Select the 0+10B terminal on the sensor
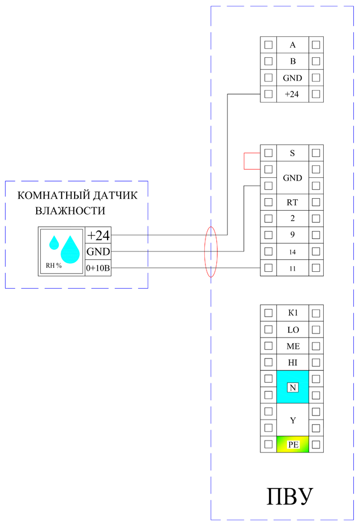(98, 267)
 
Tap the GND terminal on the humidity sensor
(98, 252)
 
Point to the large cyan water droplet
(71, 250)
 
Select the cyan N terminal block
(293, 387)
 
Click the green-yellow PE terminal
(293, 444)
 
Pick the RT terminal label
(293, 202)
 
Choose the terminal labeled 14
(293, 251)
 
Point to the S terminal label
(293, 153)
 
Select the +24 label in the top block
(293, 94)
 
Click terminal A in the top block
(293, 45)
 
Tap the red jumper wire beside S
(245, 161)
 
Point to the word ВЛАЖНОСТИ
(70, 211)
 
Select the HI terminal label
(293, 362)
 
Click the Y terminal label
(293, 420)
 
